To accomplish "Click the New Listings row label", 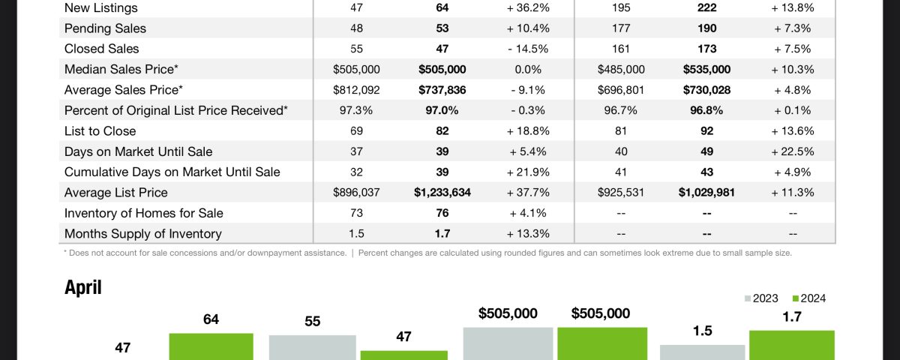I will pos(100,7).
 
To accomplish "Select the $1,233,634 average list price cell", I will pos(442,192).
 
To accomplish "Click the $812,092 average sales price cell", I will pos(356,89).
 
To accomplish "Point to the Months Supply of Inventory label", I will pos(142,233).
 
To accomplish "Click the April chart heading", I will pos(82,287).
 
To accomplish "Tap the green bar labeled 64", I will pos(211,346).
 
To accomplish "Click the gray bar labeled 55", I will pos(312,347).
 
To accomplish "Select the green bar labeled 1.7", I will pos(791,345).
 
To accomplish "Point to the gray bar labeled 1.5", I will pos(702,352).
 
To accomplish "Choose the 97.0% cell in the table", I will pos(442,110).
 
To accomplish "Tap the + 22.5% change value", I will pos(793,151).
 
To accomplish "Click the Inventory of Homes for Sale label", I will pos(143,213).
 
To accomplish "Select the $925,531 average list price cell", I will pos(621,192).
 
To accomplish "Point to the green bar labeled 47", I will pos(403,355).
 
